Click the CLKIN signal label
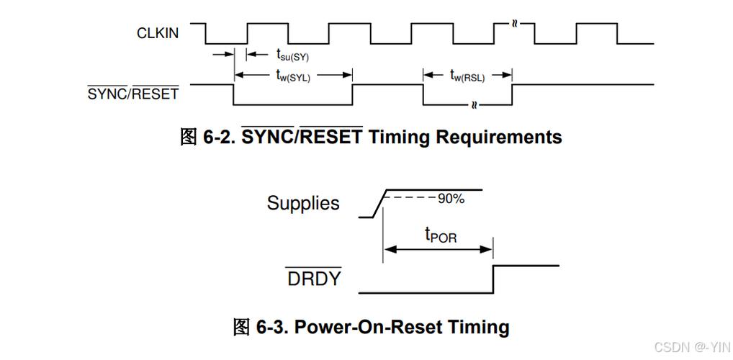click(x=158, y=34)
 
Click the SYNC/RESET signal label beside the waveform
click(x=133, y=94)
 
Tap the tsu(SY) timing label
click(x=292, y=55)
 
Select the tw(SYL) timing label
click(x=293, y=76)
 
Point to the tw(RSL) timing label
click(x=467, y=76)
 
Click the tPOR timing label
click(x=441, y=235)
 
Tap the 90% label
click(x=451, y=199)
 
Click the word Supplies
click(x=303, y=203)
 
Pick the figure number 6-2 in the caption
click(x=219, y=137)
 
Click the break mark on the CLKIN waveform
click(x=514, y=24)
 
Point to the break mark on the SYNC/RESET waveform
click(x=475, y=104)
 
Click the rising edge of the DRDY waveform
click(x=494, y=279)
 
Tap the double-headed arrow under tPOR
click(x=438, y=249)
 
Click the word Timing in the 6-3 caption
click(x=479, y=328)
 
